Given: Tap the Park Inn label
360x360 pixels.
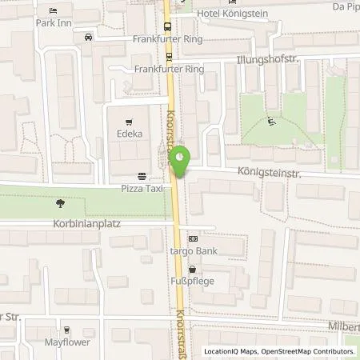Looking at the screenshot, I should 54,23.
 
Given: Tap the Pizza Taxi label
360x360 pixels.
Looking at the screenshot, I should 142,189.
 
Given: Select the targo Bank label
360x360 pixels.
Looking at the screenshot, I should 192,250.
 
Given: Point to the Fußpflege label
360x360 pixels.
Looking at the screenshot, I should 191,282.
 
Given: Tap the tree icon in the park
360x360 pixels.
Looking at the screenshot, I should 61,202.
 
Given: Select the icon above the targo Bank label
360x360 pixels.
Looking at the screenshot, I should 192,238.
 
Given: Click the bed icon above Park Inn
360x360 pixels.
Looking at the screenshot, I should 54,11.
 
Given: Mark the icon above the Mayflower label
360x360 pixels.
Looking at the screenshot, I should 67,330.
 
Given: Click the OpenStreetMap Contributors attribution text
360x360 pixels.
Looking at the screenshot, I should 306,352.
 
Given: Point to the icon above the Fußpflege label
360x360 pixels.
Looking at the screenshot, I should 192,270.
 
